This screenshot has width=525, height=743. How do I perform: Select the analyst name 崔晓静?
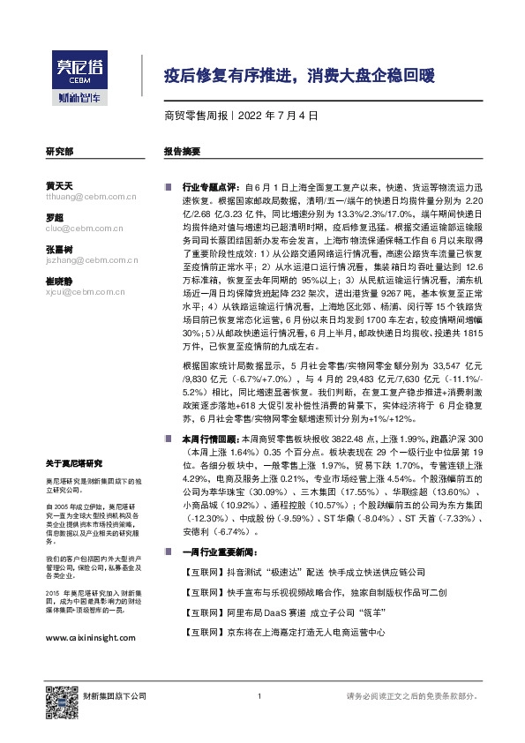coord(58,281)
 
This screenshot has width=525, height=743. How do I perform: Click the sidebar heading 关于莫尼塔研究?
coord(74,463)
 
